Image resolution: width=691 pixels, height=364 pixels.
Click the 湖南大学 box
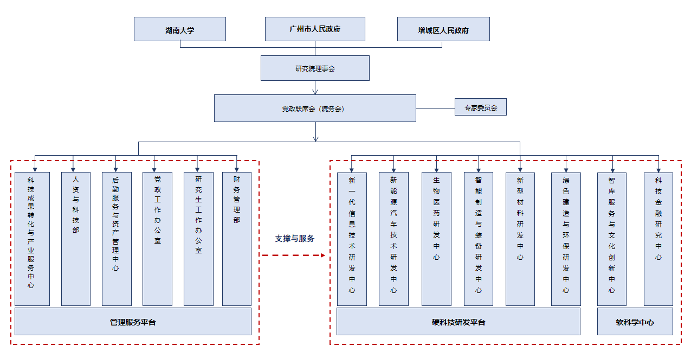(180, 29)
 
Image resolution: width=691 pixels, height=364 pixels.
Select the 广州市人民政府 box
(315, 29)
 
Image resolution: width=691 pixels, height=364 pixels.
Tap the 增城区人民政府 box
(443, 29)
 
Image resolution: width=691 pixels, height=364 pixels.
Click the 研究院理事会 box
(315, 68)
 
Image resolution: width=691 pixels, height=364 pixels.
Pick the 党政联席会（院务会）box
(315, 108)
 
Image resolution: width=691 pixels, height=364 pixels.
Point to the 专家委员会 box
(481, 107)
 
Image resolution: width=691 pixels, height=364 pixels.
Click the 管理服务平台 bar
(133, 321)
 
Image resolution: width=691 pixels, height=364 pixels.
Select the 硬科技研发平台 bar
(458, 321)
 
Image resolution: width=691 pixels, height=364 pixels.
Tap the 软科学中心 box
(635, 321)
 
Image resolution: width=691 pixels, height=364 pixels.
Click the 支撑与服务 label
(295, 238)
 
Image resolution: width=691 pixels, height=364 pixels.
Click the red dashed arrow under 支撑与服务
(294, 256)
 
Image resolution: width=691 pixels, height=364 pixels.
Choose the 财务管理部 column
(237, 239)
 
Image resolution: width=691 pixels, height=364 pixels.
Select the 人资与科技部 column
(76, 239)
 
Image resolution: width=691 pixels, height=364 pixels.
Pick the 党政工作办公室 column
(157, 239)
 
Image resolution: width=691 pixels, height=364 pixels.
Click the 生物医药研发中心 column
(436, 239)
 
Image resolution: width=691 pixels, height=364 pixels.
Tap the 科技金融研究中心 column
(658, 239)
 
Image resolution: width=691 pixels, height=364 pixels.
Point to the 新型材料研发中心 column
(520, 239)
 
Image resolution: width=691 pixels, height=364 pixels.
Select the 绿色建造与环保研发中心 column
(566, 239)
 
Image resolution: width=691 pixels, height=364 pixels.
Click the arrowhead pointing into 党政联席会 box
(315, 92)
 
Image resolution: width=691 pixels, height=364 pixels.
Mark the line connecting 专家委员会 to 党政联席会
(435, 108)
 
